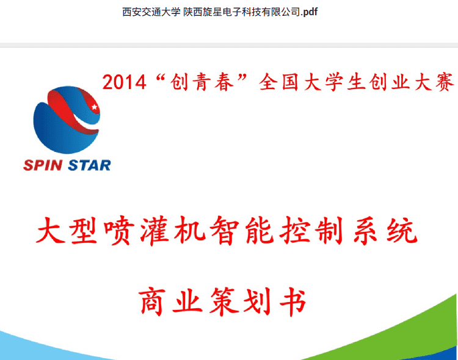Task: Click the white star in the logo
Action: tap(94, 107)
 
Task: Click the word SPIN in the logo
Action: tap(43, 165)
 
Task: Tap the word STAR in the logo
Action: tap(89, 165)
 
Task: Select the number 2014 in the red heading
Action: tap(124, 82)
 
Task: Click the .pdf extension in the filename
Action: tap(309, 12)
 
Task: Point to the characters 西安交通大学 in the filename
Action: tap(151, 12)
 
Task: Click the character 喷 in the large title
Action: tap(119, 231)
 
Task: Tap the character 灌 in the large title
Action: tap(154, 231)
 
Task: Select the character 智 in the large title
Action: tap(224, 231)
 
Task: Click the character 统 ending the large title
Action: tap(402, 231)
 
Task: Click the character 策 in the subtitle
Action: tap(224, 301)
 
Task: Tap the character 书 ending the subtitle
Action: tap(293, 301)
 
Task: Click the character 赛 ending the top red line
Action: tap(445, 82)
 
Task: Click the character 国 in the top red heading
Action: tap(290, 82)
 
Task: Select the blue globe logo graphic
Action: tap(67, 120)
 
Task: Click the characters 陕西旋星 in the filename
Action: tap(203, 12)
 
